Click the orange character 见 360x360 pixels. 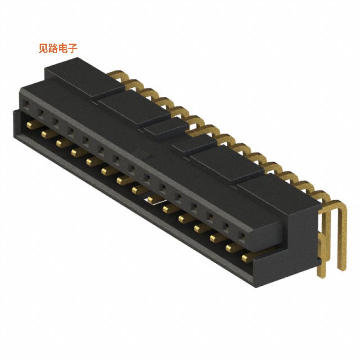(43, 48)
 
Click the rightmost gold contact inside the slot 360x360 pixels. (246, 258)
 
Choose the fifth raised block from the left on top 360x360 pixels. (225, 164)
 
